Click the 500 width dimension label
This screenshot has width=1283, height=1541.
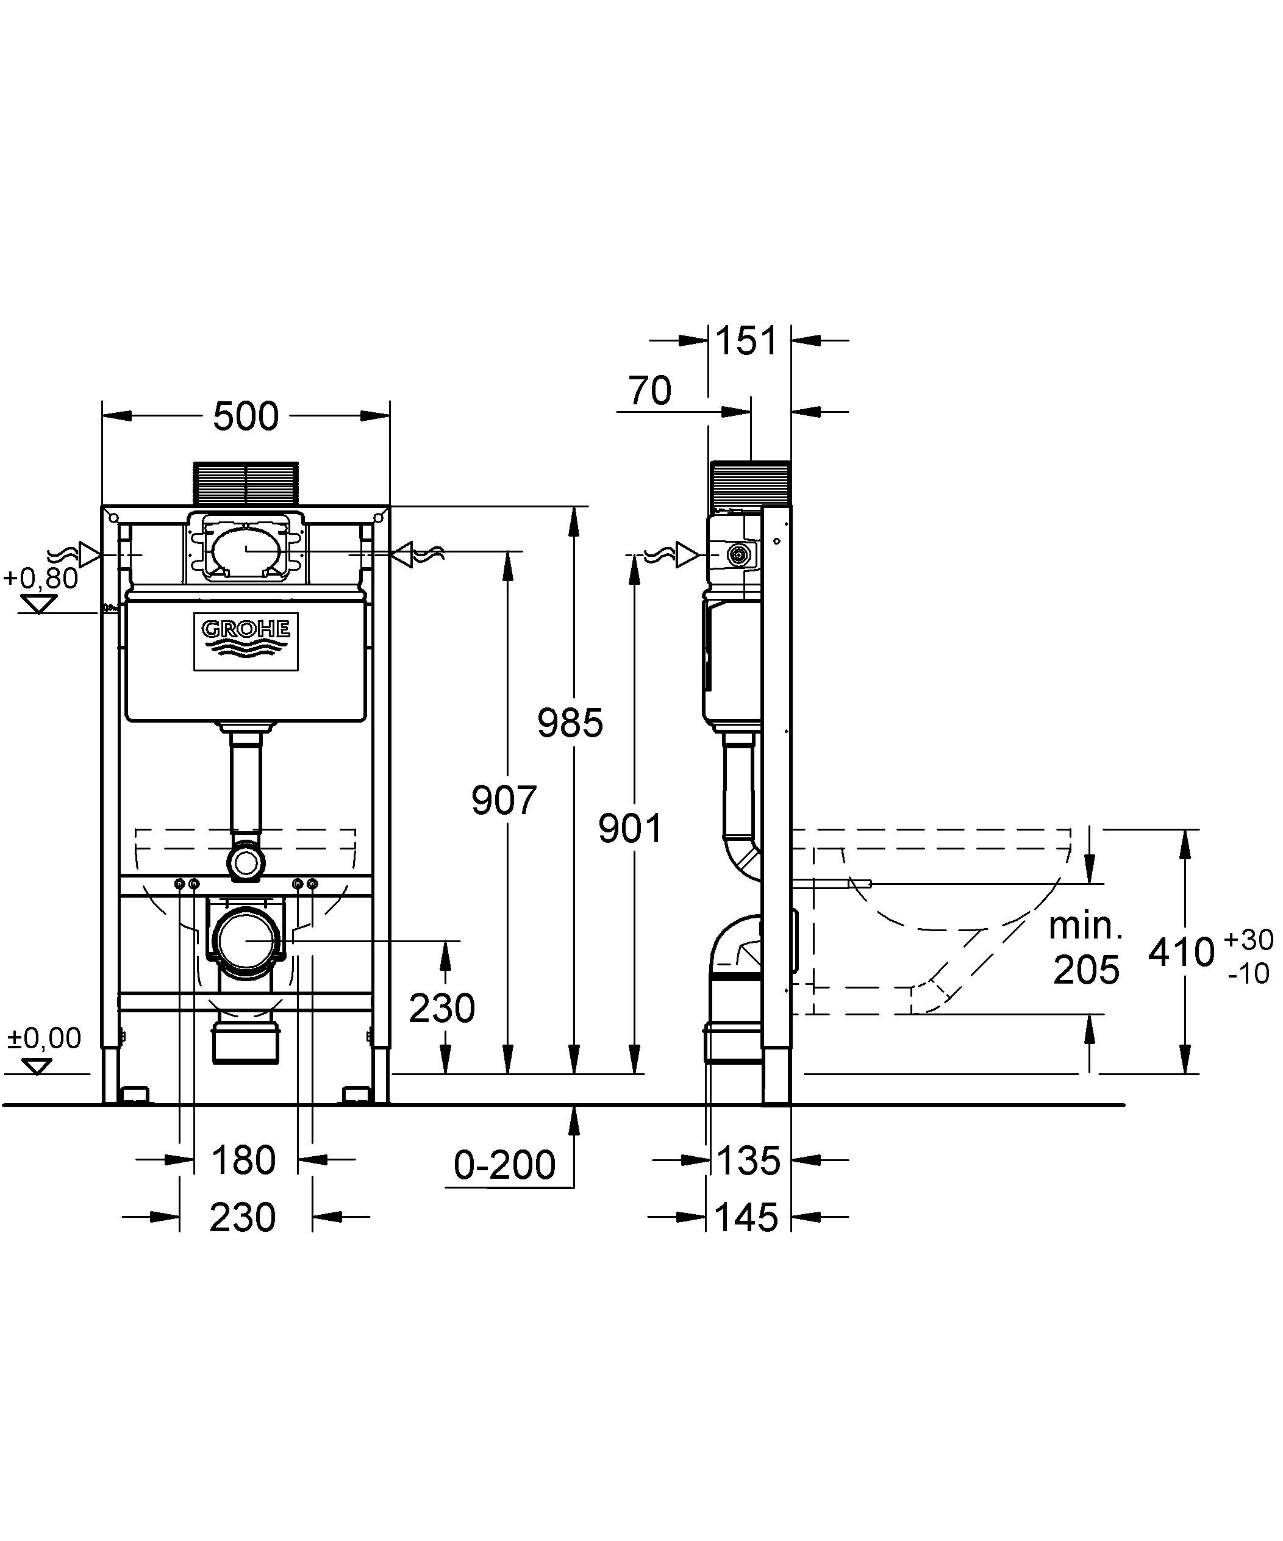245,416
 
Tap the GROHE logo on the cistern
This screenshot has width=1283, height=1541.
246,635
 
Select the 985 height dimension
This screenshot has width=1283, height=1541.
570,722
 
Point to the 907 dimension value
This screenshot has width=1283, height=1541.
504,800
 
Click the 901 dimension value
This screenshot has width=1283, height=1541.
630,829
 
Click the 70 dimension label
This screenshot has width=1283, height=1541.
649,390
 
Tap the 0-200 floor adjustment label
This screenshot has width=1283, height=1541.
504,1165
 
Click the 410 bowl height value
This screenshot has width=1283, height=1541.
1181,953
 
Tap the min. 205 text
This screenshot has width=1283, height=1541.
1085,948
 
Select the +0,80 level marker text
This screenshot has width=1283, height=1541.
41,578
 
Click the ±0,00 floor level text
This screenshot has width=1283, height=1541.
44,1039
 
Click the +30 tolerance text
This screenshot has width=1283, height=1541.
1248,939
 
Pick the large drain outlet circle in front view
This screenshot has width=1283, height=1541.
245,941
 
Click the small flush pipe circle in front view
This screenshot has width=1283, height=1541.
245,863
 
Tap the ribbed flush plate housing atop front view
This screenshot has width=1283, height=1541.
245,483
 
